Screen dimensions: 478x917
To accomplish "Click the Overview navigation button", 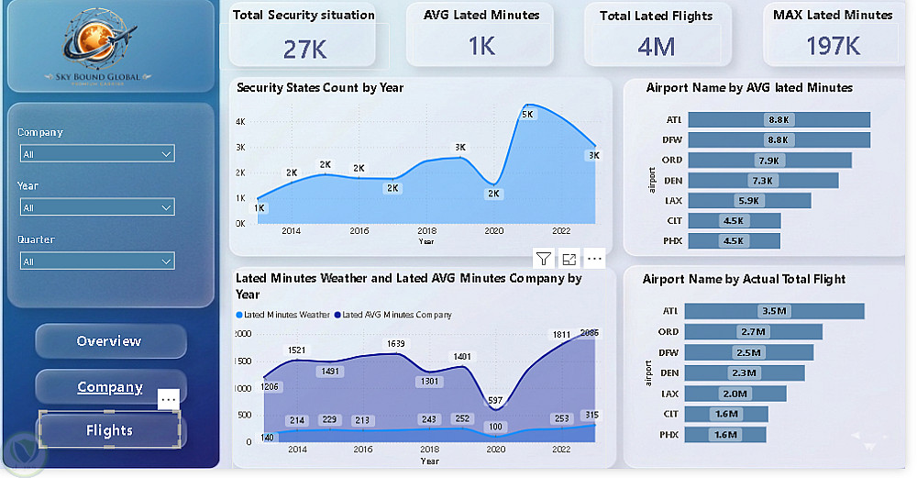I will coord(110,341).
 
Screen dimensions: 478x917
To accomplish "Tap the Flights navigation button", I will coord(110,430).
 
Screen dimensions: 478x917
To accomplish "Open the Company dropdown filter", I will coord(96,154).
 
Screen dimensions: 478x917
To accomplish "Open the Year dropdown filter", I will coord(96,207).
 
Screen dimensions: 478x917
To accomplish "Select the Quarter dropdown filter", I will coord(96,261).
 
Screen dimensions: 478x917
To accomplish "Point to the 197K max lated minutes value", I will coord(833,46).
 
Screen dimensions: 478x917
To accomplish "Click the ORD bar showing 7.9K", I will coord(768,161).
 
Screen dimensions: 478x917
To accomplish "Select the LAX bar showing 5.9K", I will coord(749,201).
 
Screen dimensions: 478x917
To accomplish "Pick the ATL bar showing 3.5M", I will coord(775,311).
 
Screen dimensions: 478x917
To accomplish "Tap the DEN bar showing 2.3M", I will coord(745,372).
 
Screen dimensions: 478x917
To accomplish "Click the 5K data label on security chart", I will coord(528,115).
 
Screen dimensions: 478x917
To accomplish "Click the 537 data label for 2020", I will coord(495,401).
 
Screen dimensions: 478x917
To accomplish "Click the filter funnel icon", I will coord(543,259).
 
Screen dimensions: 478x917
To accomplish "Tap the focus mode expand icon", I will coord(569,259).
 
